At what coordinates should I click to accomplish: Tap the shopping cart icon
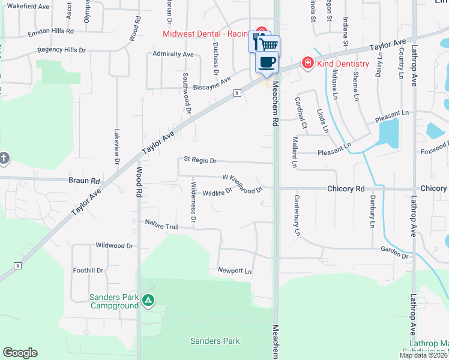pos(270,44)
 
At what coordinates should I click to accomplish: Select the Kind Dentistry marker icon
pos(307,62)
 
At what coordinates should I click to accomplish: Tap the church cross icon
pos(4,158)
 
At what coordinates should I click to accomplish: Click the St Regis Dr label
pos(200,161)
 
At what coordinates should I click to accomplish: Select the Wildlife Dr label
pos(217,193)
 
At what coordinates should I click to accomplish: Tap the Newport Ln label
pos(234,271)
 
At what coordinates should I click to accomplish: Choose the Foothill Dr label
pos(88,271)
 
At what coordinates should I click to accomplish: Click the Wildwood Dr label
pos(114,246)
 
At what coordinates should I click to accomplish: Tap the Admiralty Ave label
pos(173,54)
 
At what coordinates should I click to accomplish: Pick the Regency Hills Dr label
pos(61,50)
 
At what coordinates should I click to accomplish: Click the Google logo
pos(20,353)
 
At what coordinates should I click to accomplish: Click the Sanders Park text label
pos(215,341)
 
